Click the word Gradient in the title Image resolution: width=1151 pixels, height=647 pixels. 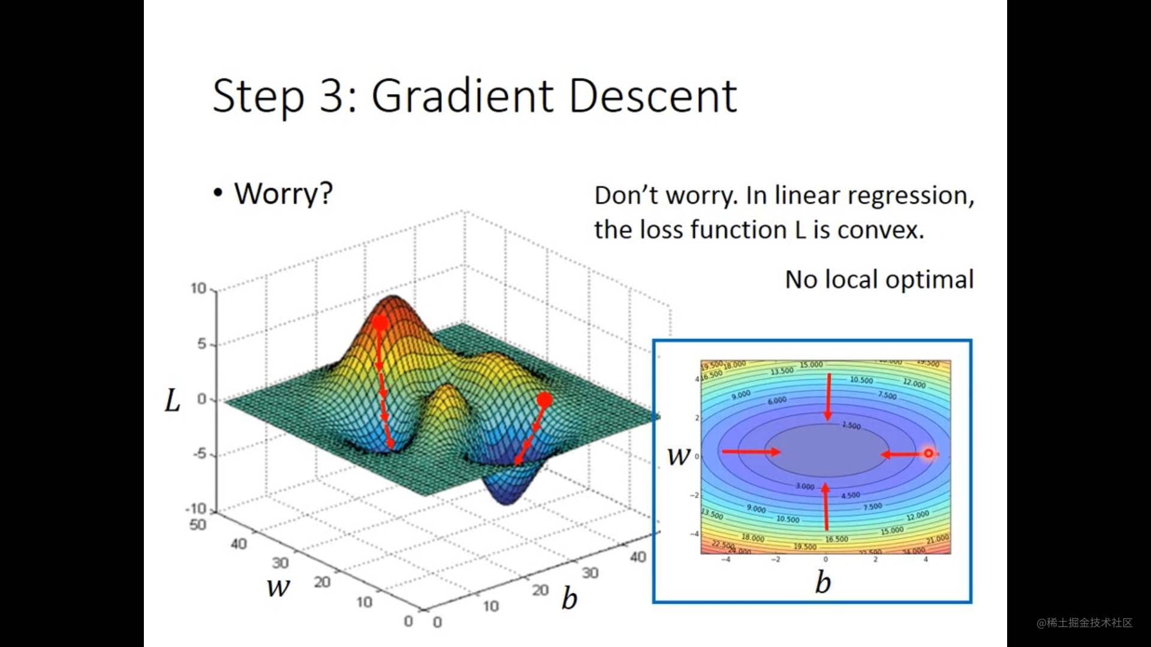pos(462,96)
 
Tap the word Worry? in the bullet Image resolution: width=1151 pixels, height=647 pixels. pos(283,194)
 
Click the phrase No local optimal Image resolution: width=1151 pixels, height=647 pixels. pos(879,280)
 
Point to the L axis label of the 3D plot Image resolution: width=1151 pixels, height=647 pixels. pos(173,401)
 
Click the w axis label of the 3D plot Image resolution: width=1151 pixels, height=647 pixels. pos(279,586)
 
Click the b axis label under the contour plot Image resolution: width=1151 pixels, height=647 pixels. pos(823,582)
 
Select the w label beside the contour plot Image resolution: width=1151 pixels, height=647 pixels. pos(679,456)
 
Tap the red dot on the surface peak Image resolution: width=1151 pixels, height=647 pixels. pos(380,323)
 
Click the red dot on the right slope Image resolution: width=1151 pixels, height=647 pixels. pos(544,400)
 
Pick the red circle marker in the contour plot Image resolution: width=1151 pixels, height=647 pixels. pos(929,453)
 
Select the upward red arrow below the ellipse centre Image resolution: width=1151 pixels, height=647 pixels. pos(826,506)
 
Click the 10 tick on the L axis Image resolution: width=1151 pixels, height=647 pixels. pos(198,289)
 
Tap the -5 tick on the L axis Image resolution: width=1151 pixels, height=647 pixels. pos(200,454)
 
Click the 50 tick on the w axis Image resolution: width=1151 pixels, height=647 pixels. pos(198,525)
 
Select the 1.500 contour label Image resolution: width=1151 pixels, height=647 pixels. pos(851,425)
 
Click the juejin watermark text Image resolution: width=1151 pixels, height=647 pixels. pos(1084,623)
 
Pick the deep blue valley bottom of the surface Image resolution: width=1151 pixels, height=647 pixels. pos(507,497)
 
